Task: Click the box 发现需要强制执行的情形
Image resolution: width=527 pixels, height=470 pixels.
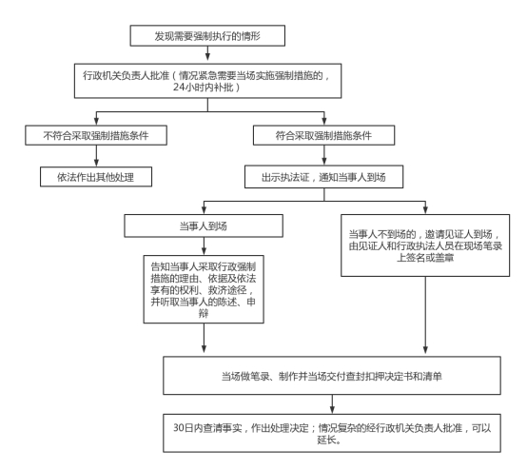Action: pyautogui.click(x=207, y=35)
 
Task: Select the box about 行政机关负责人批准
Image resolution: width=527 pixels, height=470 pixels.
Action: pyautogui.click(x=207, y=81)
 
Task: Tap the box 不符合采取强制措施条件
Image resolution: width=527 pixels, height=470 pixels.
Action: pyautogui.click(x=96, y=135)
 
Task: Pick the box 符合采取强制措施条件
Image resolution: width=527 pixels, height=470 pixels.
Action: pyautogui.click(x=323, y=135)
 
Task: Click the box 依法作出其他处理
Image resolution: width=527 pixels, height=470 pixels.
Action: pyautogui.click(x=96, y=177)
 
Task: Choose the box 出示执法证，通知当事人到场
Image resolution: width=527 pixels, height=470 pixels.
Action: pyautogui.click(x=323, y=177)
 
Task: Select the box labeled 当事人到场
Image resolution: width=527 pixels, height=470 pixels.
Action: pyautogui.click(x=204, y=225)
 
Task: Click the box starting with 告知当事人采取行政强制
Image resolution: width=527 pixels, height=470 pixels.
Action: pyautogui.click(x=204, y=289)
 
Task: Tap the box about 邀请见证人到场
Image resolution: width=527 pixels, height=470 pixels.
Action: pyautogui.click(x=425, y=245)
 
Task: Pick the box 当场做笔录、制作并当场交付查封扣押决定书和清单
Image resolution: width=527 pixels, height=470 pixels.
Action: pyautogui.click(x=332, y=376)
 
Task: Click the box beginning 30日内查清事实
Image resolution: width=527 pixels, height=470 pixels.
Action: pyautogui.click(x=332, y=433)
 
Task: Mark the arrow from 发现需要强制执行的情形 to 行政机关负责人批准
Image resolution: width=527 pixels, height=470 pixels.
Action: pyautogui.click(x=207, y=53)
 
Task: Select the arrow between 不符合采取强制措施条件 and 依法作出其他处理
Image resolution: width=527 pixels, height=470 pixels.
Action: pyautogui.click(x=96, y=156)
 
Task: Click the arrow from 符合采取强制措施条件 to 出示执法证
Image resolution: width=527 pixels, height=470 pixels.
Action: pyautogui.click(x=324, y=155)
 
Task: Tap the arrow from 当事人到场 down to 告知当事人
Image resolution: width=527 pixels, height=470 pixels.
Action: pyautogui.click(x=204, y=246)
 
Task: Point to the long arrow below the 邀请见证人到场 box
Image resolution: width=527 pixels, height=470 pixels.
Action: pyautogui.click(x=425, y=315)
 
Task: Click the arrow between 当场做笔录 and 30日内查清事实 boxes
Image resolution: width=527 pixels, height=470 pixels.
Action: pyautogui.click(x=332, y=404)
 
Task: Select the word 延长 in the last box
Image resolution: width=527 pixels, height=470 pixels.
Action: pyautogui.click(x=326, y=440)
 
